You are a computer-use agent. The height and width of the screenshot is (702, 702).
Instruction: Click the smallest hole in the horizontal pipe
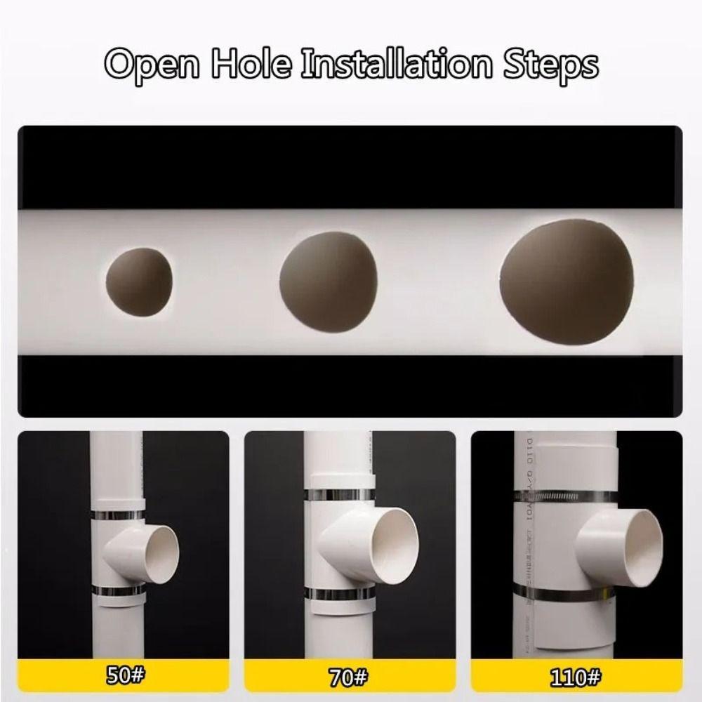pos(139,280)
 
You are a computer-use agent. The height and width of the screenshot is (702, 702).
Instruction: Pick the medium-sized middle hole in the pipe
pos(329,281)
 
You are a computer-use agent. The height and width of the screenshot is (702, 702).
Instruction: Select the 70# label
pos(350,677)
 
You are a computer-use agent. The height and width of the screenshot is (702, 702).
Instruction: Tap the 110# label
pos(576,677)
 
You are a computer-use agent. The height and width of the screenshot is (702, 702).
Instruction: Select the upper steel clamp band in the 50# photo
pos(119,515)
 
